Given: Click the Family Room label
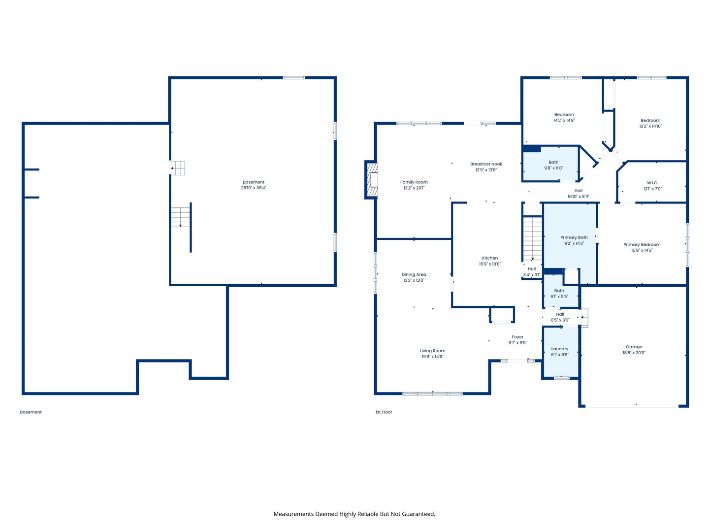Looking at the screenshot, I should click(414, 182).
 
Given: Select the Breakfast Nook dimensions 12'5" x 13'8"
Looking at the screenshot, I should click(486, 170).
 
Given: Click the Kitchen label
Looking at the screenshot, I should click(489, 258).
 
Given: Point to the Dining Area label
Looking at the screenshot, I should click(414, 275).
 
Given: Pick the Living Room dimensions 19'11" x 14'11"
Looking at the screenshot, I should click(432, 357).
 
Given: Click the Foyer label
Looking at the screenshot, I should click(517, 337).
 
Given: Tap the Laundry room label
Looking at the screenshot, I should click(559, 349).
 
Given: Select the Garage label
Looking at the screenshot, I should click(634, 347).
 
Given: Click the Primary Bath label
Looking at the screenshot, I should click(574, 237).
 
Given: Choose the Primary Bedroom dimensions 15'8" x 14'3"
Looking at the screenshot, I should click(642, 250).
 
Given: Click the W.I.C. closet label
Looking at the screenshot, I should click(652, 183).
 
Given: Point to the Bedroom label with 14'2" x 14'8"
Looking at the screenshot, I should click(564, 115).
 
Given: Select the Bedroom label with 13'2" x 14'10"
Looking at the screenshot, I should click(650, 121).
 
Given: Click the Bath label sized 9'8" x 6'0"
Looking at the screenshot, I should click(553, 163).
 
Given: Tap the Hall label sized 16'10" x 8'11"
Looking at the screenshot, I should click(578, 191).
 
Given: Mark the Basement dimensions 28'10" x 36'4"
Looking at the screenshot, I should click(253, 188).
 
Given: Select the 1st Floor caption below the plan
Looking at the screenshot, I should click(384, 412).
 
